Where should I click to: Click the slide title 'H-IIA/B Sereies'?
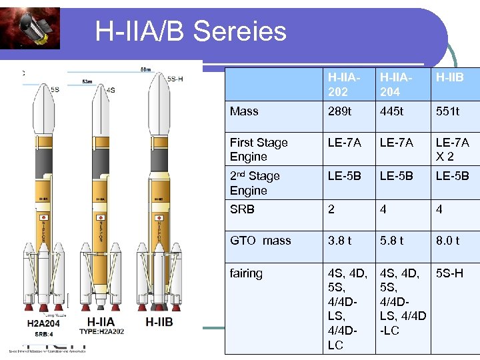tap(191, 31)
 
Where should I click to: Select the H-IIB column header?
tap(449, 77)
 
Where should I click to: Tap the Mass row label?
tap(244, 111)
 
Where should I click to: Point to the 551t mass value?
tap(447, 111)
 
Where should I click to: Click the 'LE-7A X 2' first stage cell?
tap(452, 149)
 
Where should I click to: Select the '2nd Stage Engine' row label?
tap(255, 183)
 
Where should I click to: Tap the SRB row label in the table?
tap(242, 209)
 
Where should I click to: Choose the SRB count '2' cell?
tap(331, 209)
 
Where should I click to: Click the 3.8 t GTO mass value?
tap(339, 241)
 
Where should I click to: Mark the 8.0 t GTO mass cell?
tap(447, 241)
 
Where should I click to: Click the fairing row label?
tap(246, 273)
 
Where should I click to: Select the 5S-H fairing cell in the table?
tap(450, 273)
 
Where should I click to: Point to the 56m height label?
tap(144, 69)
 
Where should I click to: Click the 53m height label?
tap(87, 81)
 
